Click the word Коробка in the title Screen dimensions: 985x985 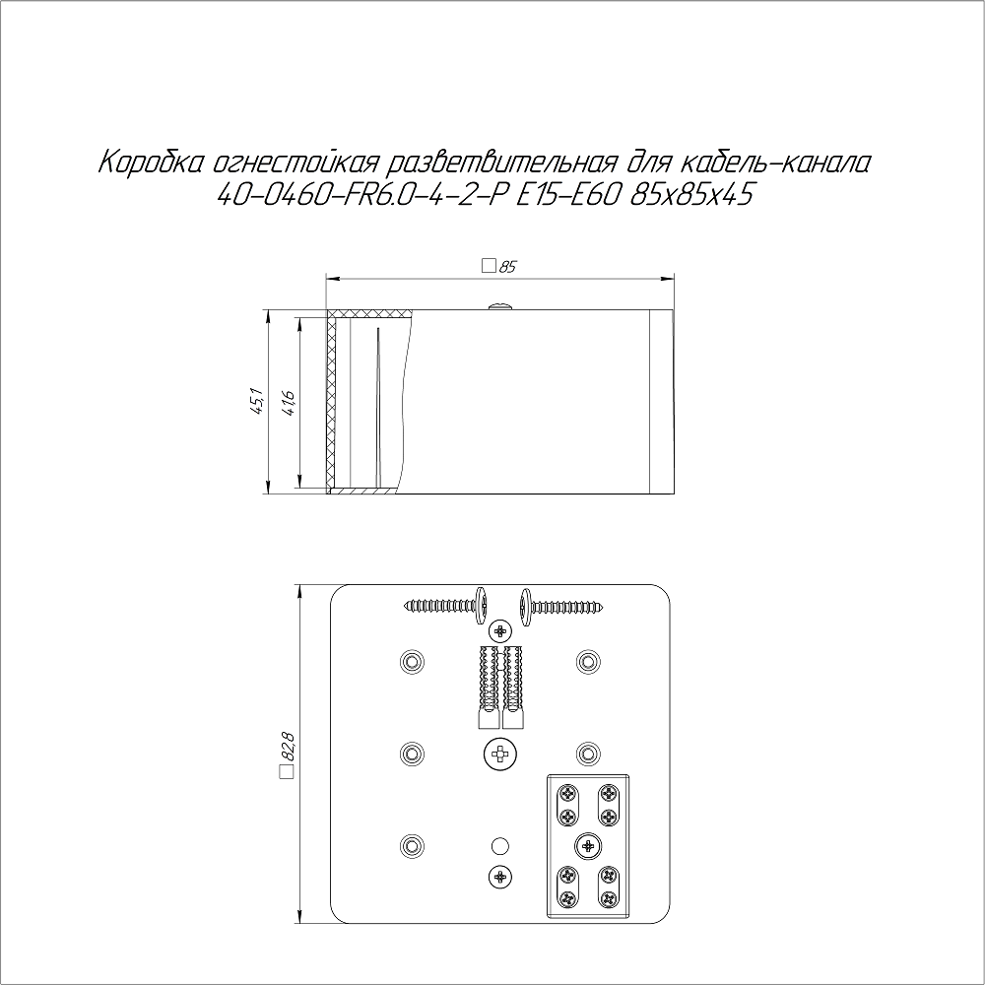pyautogui.click(x=150, y=163)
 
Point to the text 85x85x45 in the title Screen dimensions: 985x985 pyautogui.click(x=690, y=195)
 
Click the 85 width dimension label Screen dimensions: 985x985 pyautogui.click(x=507, y=267)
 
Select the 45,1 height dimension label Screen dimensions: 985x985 pyautogui.click(x=258, y=402)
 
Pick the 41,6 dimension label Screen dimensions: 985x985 pyautogui.click(x=289, y=402)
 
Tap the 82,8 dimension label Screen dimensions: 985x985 pyautogui.click(x=288, y=746)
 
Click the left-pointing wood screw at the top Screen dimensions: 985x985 pyautogui.click(x=446, y=606)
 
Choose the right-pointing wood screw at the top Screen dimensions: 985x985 pyautogui.click(x=562, y=606)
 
